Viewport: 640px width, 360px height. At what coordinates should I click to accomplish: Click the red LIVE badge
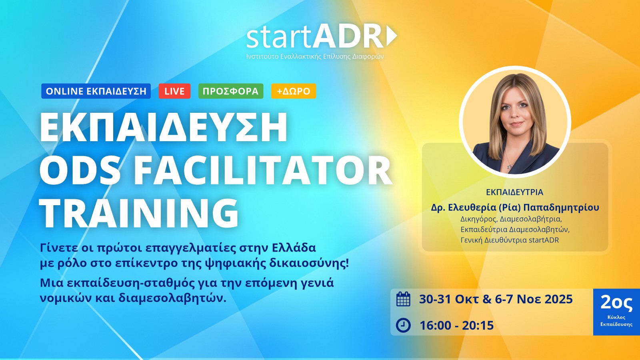coord(174,91)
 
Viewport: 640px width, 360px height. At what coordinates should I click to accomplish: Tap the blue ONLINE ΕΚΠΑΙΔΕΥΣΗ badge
coord(96,91)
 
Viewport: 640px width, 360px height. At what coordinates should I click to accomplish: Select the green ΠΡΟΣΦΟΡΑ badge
coord(230,91)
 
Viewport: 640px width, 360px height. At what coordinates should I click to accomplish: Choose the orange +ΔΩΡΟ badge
coord(294,91)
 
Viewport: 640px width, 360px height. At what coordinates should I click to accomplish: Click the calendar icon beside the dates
coord(403,299)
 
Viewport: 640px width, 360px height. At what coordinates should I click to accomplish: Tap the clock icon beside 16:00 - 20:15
coord(403,325)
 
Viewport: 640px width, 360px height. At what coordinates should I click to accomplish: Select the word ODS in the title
coord(80,171)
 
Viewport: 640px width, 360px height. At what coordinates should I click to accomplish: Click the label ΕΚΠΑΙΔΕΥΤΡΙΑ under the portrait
coord(514,192)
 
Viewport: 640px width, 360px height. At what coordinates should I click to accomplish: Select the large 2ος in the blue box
coord(616,303)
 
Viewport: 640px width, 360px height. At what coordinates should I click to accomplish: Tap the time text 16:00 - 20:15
coord(456,326)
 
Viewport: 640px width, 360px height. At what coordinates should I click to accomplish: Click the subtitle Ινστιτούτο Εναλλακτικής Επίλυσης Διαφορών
coord(315,56)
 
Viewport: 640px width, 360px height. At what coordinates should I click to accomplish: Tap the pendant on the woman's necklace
coord(509,166)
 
